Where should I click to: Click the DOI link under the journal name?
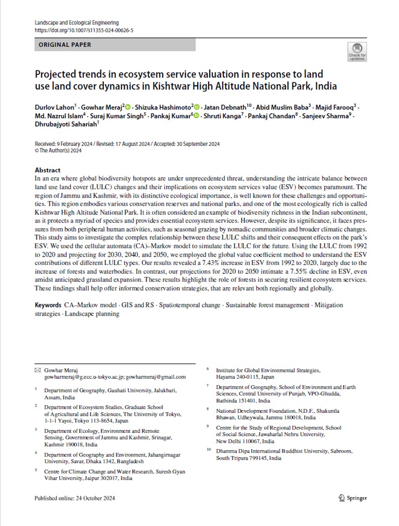coord(84,30)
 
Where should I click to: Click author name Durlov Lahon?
coord(55,107)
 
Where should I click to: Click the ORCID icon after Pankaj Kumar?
coord(196,116)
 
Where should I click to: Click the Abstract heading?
coord(48,170)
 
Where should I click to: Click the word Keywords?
coord(48,305)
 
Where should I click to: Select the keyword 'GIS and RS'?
coord(139,305)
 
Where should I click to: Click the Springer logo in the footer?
coord(353,498)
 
